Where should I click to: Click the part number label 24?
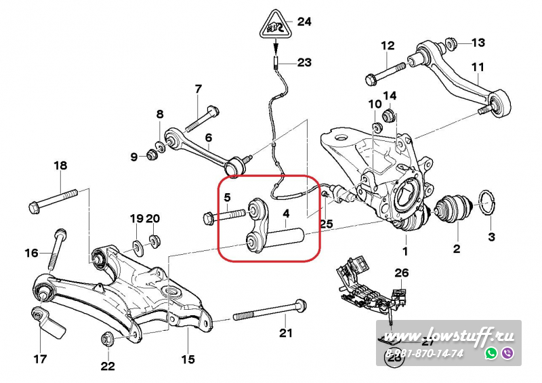(304, 22)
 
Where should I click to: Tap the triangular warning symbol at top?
(275, 27)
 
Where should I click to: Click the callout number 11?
(478, 66)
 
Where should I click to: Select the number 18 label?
(60, 165)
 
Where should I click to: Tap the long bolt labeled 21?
(271, 315)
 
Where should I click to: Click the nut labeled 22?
(106, 338)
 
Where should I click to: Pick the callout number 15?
(187, 359)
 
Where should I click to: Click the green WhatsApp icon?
(491, 353)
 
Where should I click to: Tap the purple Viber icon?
(507, 353)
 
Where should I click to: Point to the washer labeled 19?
(137, 244)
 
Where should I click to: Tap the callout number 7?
(198, 89)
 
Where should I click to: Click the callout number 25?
(326, 223)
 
